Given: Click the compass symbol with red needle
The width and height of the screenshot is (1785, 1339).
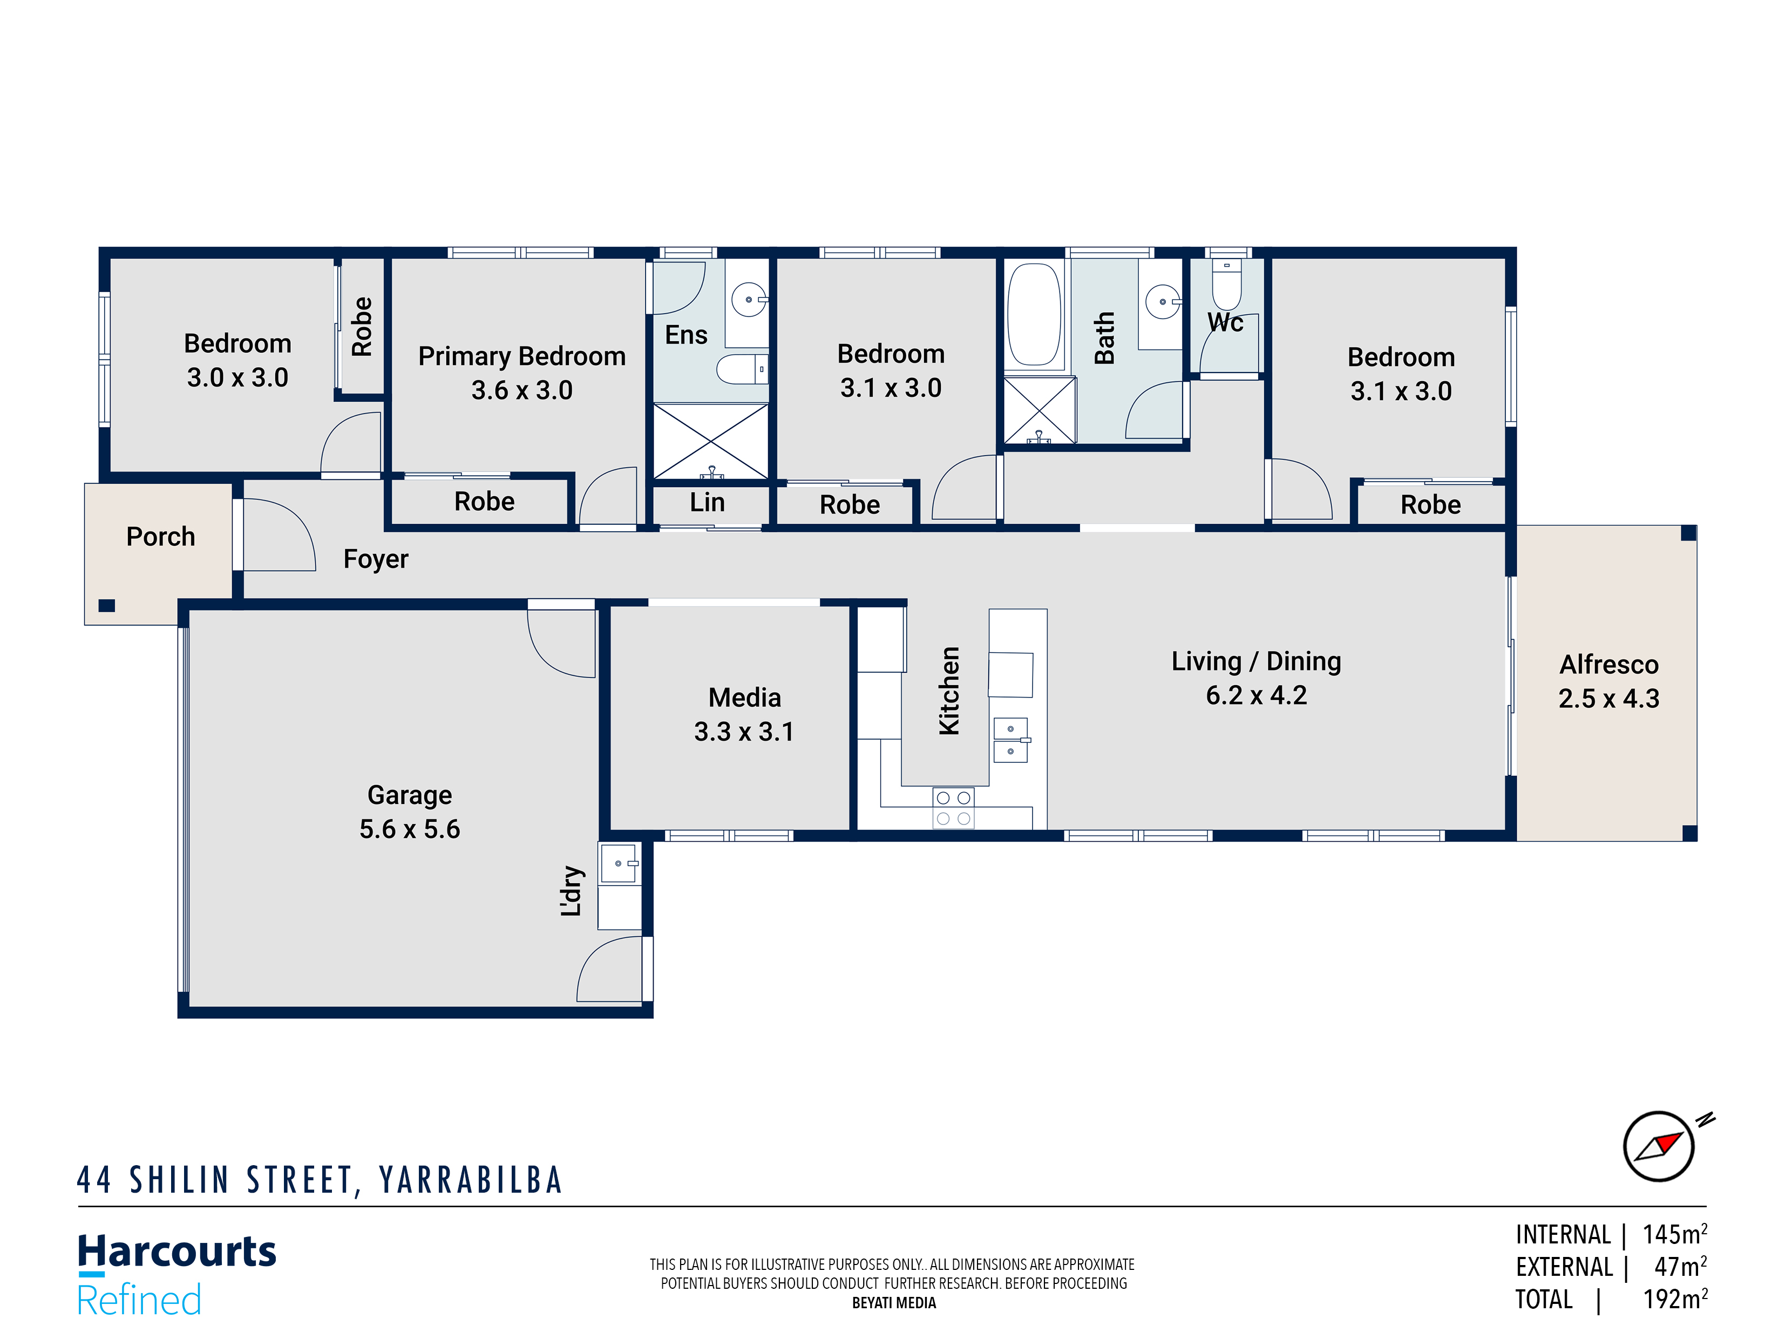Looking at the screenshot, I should (1658, 1146).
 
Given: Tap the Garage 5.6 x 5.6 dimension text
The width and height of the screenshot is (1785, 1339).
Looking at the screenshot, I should (409, 829).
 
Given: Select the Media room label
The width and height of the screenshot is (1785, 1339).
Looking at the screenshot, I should (744, 698).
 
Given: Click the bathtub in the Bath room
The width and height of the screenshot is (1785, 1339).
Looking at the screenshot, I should (1034, 315).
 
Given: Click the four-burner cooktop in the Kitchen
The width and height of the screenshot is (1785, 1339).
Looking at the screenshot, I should (953, 808).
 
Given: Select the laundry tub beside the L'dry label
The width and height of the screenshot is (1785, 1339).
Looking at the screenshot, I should (619, 864).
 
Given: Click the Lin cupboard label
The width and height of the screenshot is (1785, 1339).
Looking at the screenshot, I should (707, 503).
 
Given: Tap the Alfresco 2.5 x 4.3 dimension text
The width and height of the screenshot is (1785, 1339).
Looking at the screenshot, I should (1608, 698).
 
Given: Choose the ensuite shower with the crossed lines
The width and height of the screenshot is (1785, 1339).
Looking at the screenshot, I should (710, 442).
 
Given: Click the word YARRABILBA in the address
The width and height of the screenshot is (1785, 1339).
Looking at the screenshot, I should (471, 1180).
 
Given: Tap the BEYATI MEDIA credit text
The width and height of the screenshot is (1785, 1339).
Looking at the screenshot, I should (893, 1303).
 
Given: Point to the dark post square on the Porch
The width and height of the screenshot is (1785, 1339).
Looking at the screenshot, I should (106, 605).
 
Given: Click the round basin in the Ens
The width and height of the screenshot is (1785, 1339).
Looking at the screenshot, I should (749, 300).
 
